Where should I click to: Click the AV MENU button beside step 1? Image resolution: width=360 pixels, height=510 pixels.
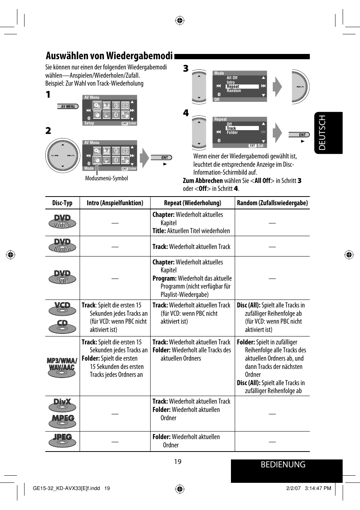68,106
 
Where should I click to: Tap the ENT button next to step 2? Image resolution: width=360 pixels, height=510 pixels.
162,158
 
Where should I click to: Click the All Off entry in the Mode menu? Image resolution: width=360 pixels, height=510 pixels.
232,78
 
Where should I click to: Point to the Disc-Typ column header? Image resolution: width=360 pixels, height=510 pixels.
62,203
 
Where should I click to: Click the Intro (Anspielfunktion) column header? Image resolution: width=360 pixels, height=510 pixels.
115,203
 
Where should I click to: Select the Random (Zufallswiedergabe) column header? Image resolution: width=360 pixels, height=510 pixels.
272,203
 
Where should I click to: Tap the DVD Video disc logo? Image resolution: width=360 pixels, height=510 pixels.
62,221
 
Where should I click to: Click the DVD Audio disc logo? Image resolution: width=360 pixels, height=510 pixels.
62,246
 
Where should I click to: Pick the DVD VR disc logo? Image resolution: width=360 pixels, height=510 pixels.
62,277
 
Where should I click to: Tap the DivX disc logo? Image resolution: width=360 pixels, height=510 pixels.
62,404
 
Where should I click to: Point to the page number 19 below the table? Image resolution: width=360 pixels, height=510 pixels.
178,462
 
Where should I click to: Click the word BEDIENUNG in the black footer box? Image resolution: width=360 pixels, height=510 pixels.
283,465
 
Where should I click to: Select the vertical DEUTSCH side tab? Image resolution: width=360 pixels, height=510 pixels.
322,133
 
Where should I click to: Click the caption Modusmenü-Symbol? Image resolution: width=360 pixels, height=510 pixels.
106,178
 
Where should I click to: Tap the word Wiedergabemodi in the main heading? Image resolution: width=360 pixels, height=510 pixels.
139,56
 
